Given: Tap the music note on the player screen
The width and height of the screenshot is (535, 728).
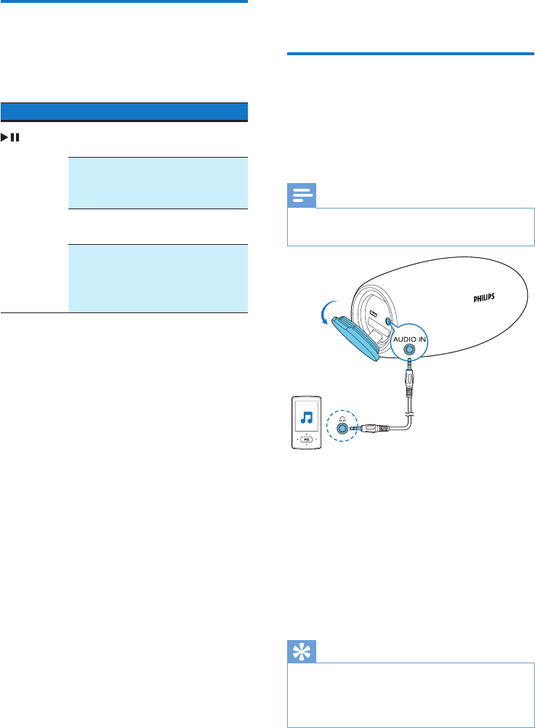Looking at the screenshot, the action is pos(307,418).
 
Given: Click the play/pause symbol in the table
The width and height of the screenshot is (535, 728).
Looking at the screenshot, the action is pos(12,136).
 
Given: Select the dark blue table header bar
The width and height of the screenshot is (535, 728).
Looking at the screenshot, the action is pos(124,111).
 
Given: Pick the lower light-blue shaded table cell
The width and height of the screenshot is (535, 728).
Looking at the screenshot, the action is pos(158,278).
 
